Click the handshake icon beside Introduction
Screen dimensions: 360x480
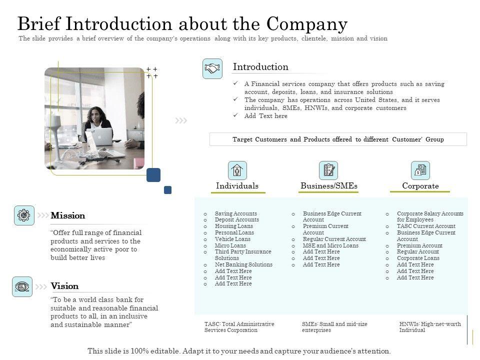tap(212, 68)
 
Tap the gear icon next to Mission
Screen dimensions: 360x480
tap(24, 215)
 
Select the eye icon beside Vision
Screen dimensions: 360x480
tap(22, 286)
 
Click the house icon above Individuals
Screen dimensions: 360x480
tap(237, 170)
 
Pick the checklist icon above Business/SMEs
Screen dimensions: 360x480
tap(328, 170)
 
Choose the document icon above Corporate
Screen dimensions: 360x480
tap(420, 170)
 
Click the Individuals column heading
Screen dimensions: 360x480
tap(237, 186)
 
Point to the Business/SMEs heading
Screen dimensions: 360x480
tap(329, 186)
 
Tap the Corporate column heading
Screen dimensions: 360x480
tap(420, 186)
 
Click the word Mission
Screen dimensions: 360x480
tap(68, 215)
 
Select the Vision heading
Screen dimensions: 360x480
tap(65, 286)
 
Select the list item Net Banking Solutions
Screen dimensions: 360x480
tap(243, 264)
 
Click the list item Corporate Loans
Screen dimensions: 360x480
tap(418, 258)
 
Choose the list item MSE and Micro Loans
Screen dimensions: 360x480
tap(330, 245)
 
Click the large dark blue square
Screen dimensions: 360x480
tap(153, 175)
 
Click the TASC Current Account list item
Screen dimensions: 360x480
tap(426, 226)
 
